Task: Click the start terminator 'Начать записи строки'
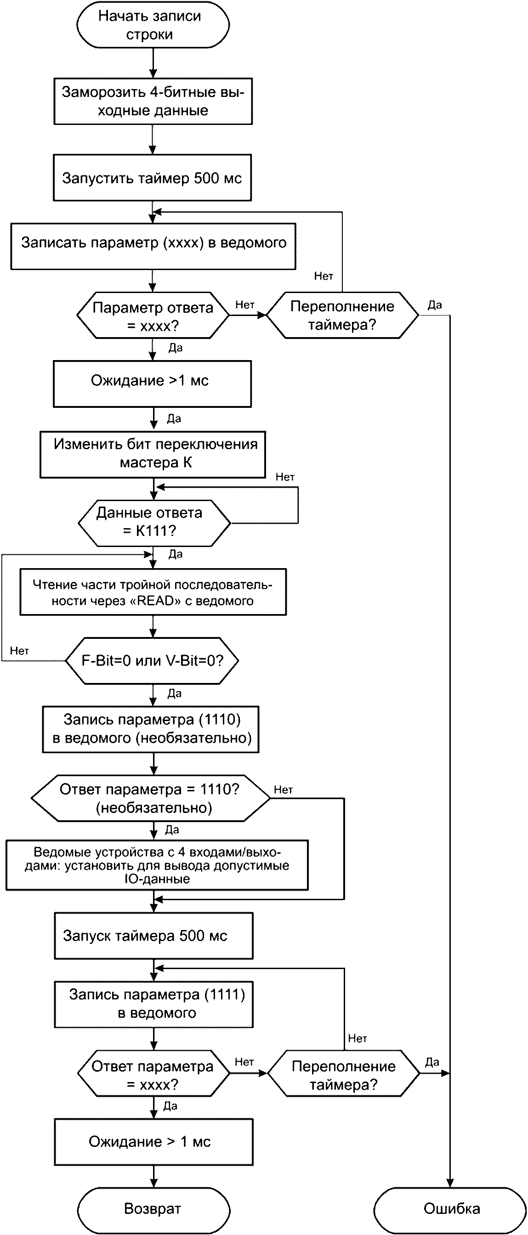[153, 25]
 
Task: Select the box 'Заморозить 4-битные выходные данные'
[153, 101]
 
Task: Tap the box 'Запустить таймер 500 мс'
[152, 178]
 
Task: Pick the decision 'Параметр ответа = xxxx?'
[153, 316]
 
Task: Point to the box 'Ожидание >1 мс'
[152, 383]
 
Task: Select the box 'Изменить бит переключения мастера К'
[153, 454]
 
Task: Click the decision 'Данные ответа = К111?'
[153, 522]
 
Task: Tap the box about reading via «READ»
[153, 592]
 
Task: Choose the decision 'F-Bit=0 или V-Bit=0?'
[152, 660]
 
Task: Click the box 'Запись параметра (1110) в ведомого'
[151, 729]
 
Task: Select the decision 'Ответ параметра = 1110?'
[151, 798]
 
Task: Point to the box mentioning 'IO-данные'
[157, 865]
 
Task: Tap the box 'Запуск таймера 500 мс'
[153, 936]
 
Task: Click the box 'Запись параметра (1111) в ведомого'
[153, 1004]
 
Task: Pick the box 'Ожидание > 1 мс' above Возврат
[153, 1142]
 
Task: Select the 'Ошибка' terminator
[451, 1209]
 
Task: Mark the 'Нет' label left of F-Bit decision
[20, 651]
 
